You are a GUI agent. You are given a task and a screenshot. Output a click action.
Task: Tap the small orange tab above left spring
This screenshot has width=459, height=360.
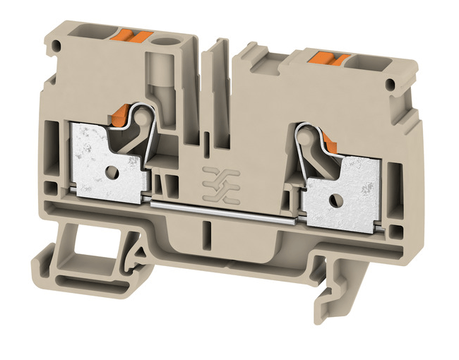click(121, 114)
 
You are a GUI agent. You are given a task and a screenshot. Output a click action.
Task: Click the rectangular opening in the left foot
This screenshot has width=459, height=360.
click(83, 248)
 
